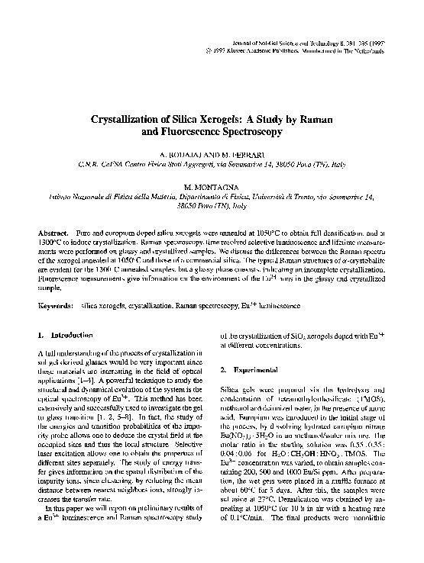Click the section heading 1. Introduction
(66, 334)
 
